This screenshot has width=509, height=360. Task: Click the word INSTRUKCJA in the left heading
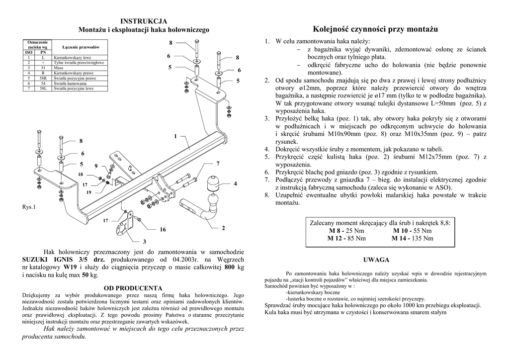[x=144, y=21]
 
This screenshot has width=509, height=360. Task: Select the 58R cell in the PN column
[x=43, y=78]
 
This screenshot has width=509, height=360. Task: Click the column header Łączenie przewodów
[x=80, y=47]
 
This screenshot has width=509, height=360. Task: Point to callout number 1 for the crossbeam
[x=175, y=136]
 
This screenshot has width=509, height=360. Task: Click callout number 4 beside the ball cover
[x=235, y=184]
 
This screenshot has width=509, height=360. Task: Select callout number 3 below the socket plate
[x=144, y=241]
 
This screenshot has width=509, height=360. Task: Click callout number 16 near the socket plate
[x=163, y=230]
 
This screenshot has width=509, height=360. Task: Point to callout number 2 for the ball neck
[x=224, y=228]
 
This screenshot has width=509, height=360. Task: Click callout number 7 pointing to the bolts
[x=218, y=164]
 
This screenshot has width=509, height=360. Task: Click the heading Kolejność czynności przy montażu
[x=376, y=29]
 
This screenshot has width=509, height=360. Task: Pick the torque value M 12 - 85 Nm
[x=346, y=238]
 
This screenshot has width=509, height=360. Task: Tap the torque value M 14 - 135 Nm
[x=412, y=238]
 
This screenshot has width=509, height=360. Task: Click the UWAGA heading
[x=376, y=260]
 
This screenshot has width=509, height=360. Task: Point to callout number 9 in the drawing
[x=96, y=166]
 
